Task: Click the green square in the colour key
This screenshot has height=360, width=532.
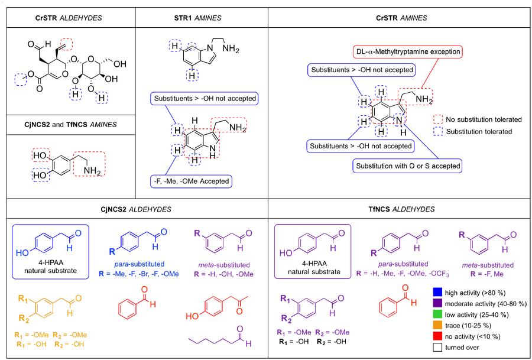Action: [437, 313]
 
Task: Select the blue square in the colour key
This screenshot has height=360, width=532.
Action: [437, 291]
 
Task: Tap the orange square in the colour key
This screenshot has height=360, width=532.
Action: [437, 325]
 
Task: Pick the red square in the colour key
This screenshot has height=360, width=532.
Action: [437, 336]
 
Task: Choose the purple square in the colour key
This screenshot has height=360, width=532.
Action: [437, 302]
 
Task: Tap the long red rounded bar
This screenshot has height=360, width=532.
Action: [407, 52]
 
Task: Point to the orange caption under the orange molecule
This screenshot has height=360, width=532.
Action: [50, 339]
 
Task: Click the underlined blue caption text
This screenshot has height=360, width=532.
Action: [138, 264]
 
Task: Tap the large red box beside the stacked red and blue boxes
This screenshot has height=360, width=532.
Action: [89, 164]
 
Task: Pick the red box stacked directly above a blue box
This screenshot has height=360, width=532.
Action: [41, 155]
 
